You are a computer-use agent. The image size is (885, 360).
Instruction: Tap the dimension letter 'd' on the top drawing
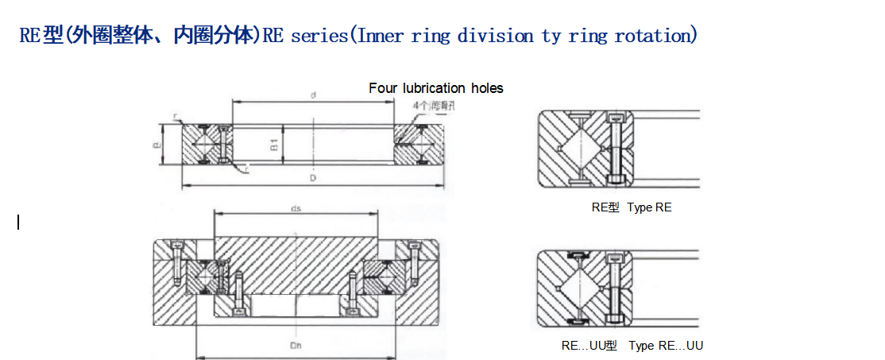[314, 95]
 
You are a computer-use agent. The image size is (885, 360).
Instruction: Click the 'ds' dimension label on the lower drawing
[296, 209]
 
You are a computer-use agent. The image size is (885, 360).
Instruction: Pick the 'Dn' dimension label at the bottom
[296, 347]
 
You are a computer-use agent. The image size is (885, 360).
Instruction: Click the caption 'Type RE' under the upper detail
[649, 207]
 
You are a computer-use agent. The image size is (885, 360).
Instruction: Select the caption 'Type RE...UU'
[666, 346]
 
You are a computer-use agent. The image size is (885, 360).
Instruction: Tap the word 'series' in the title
[318, 36]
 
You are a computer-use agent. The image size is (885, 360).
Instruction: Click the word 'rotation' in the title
[655, 36]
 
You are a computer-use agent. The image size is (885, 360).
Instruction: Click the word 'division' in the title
[495, 36]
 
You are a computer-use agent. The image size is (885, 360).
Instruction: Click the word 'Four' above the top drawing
[383, 88]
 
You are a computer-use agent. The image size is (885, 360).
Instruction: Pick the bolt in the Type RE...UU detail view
[615, 288]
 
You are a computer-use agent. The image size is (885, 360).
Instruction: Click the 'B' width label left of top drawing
[157, 145]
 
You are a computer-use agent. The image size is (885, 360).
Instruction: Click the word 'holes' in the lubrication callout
[487, 88]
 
